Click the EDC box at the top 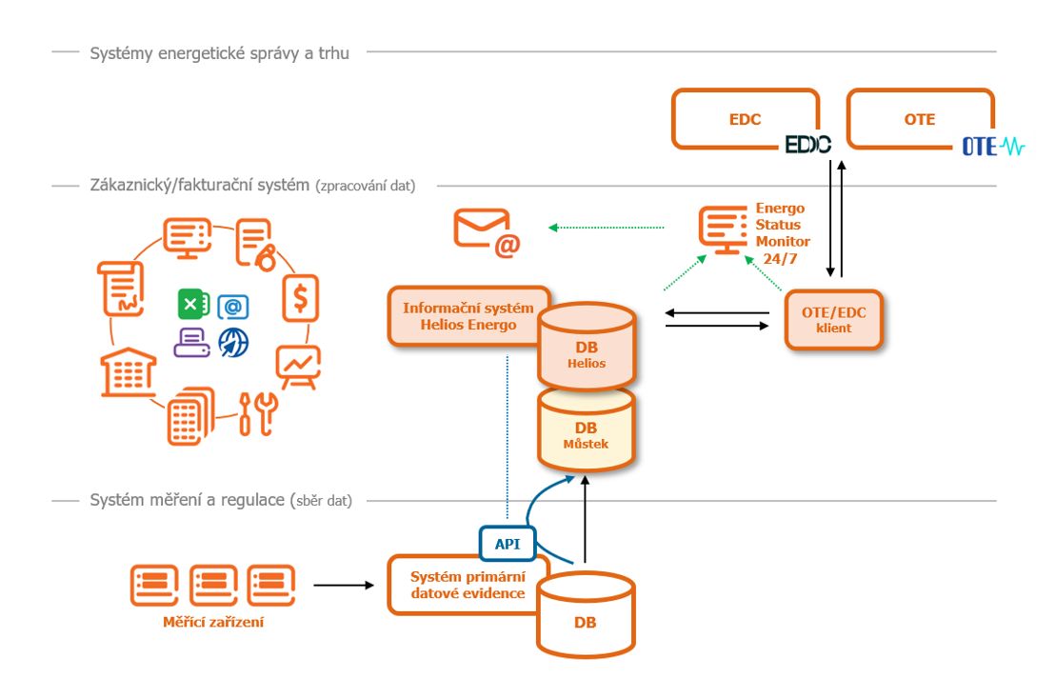[x=745, y=120]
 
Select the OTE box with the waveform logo [x=920, y=120]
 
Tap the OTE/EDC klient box [x=833, y=319]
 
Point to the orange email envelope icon [x=486, y=232]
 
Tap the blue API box [x=506, y=544]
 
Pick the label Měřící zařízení [x=211, y=622]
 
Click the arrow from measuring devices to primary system [x=344, y=585]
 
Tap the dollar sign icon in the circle [x=301, y=298]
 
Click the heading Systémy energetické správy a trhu [x=219, y=53]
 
